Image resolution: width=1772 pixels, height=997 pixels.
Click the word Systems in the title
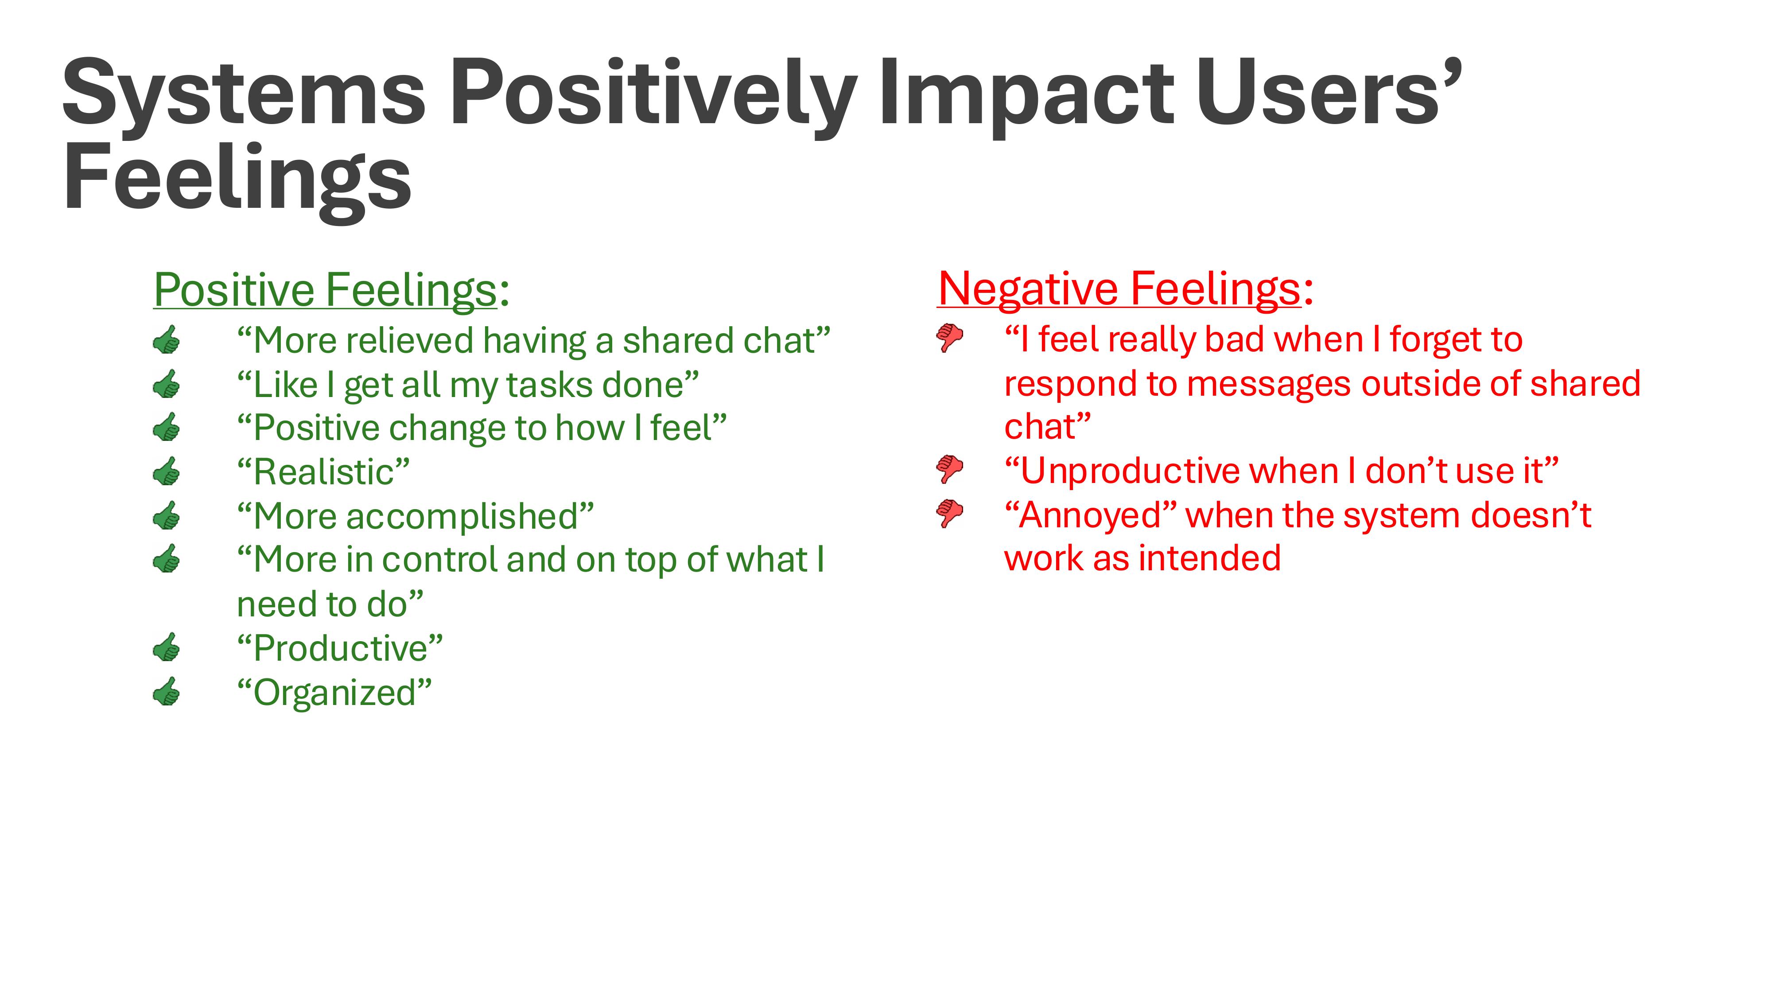(244, 93)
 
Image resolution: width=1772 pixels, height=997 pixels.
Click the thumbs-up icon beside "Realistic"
(167, 472)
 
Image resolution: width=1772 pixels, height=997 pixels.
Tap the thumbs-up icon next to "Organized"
(167, 692)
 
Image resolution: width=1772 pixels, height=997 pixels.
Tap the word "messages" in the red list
(1269, 384)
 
